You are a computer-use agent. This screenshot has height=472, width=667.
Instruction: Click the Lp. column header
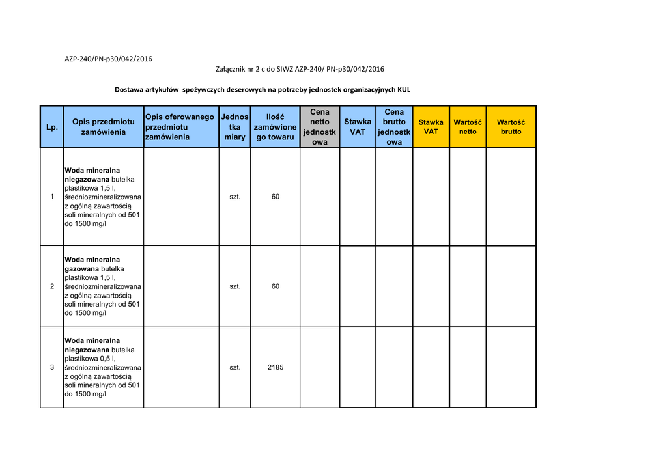(51, 127)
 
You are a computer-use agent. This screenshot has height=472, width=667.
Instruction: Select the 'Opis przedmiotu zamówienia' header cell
(103, 127)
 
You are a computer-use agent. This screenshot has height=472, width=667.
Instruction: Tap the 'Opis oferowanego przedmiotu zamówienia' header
(180, 127)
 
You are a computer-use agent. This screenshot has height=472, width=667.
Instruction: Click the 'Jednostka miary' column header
(234, 127)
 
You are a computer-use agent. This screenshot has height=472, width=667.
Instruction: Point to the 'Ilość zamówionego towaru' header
(275, 127)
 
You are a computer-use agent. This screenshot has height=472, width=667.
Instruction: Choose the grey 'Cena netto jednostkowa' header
(320, 127)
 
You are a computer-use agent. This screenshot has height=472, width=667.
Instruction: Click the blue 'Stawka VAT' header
(358, 127)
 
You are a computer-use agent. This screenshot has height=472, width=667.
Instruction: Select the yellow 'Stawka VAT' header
(431, 127)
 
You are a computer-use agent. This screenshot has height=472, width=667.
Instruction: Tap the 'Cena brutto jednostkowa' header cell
(394, 127)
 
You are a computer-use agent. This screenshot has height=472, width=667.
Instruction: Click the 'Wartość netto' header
(468, 127)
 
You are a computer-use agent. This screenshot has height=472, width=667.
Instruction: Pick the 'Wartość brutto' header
(511, 127)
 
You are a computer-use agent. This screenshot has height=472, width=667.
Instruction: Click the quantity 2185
(276, 367)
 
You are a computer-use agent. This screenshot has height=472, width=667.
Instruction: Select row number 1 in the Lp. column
(52, 197)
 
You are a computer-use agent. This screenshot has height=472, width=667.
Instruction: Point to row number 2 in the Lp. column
(52, 286)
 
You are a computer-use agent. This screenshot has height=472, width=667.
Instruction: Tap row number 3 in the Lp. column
(52, 367)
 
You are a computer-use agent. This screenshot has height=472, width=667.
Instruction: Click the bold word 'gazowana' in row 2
(81, 269)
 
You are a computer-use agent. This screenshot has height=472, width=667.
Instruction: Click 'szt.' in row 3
(235, 367)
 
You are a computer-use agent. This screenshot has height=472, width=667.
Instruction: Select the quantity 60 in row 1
(276, 197)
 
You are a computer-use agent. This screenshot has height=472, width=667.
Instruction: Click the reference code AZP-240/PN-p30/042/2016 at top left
(108, 59)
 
